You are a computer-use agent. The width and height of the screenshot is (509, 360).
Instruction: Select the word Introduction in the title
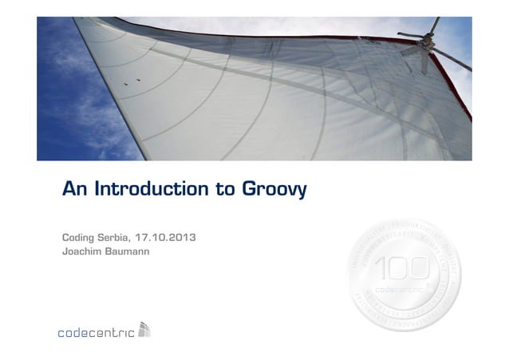pos(151,191)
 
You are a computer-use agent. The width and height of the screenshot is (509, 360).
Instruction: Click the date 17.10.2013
pos(167,238)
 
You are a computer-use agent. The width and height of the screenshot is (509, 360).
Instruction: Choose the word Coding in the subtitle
pos(78,239)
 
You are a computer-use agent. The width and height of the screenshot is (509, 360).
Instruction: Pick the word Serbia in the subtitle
pos(114,238)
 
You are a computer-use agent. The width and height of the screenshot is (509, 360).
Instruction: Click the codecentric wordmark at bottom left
pos(95,332)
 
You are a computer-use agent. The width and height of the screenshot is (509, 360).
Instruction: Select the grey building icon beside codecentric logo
pos(144,329)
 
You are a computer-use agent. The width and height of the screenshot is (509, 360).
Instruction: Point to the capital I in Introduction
pos(97,191)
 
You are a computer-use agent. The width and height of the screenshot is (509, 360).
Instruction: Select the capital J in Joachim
pos(64,253)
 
